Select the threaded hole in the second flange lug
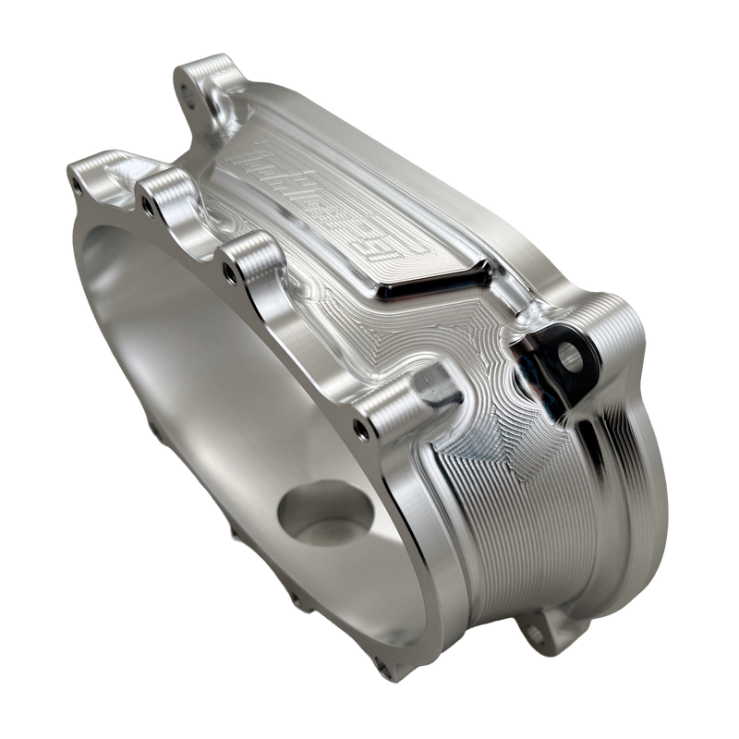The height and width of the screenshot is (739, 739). click(x=146, y=196)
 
